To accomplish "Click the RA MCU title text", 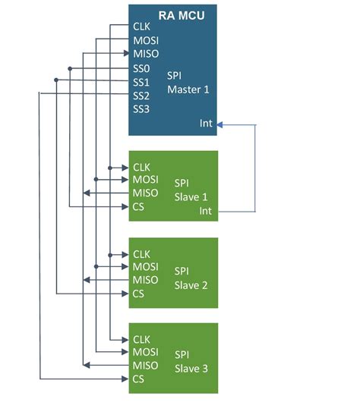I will pos(183,14).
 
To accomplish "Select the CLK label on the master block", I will pos(142,27).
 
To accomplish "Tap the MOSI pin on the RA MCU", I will pos(146,40).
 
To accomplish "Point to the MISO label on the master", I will pos(146,54).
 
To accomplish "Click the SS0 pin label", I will pos(142,68).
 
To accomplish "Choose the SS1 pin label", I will pos(142,81).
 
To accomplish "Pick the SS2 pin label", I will pos(142,95).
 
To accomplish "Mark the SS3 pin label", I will pos(142,108).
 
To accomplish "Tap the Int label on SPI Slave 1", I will pos(205,211).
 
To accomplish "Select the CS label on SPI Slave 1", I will pos(139,206).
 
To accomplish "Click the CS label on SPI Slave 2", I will pos(139,294).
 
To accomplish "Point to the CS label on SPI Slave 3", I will pos(139,379).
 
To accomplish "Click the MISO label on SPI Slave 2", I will pos(146,280).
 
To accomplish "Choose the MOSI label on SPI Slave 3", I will pos(146,352).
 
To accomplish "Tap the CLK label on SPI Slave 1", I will pos(142,166).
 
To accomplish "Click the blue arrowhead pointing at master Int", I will pos(222,124).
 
